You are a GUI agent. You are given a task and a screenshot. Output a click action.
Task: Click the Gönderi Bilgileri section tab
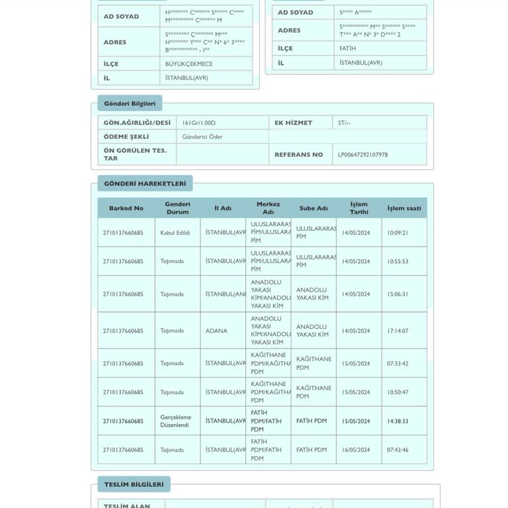coord(130,103)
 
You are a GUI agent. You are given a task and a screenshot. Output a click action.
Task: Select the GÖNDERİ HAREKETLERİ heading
coord(145,183)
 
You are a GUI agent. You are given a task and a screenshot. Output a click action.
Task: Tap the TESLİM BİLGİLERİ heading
coord(134,484)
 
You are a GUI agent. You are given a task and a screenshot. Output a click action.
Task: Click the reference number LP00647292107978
coord(363,155)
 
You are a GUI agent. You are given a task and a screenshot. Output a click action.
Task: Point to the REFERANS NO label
coord(299,155)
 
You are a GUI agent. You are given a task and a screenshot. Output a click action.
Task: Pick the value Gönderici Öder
coord(202,137)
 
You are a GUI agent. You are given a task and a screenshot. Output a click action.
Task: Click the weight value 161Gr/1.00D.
coord(199,123)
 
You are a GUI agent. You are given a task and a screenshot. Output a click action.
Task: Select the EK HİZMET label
coord(294,123)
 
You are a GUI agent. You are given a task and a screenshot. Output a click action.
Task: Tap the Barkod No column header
coord(126,208)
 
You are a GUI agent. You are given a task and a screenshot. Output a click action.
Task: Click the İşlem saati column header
coord(404,208)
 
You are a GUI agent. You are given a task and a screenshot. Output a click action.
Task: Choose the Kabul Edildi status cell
coord(175,233)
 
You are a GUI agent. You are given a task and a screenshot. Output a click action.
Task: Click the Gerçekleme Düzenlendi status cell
coord(176,421)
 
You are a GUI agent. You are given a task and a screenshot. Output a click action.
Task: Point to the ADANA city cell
coord(216,331)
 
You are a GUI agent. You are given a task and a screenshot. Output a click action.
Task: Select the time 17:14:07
coord(398,331)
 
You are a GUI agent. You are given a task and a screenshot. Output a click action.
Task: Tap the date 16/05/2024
coord(356,450)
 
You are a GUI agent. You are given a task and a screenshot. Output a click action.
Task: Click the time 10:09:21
coord(398,233)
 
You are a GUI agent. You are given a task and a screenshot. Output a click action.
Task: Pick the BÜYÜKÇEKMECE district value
coord(189,64)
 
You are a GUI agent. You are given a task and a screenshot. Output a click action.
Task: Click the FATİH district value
coord(347,48)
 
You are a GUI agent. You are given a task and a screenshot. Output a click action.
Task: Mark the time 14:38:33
coord(398,421)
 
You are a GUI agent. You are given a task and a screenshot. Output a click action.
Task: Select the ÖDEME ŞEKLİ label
coord(126,137)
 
